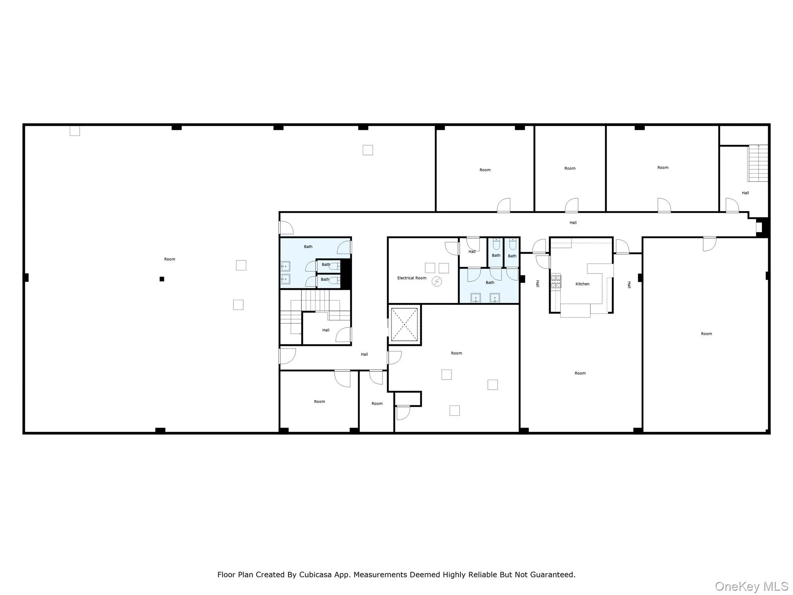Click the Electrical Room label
412,278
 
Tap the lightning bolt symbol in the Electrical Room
437,282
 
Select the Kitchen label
582,284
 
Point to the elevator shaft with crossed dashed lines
404,325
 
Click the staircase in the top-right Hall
758,163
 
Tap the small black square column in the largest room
162,279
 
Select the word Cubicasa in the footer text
315,574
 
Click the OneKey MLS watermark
751,586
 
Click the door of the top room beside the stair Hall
664,205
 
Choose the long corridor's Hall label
573,223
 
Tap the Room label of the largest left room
170,259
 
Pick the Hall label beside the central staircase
326,330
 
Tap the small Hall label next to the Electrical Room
472,252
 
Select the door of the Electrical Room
452,248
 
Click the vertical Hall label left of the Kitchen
537,284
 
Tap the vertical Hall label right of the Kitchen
629,285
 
